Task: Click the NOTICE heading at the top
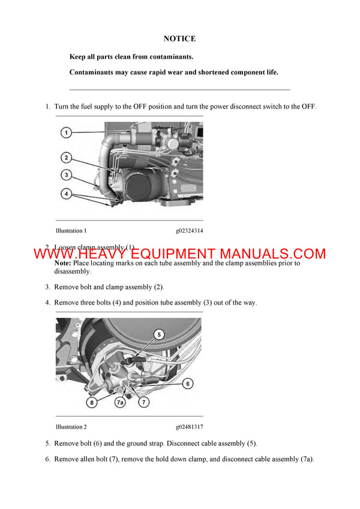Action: [x=179, y=39]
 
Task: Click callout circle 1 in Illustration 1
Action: [x=67, y=132]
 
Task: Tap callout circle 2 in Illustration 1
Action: [x=67, y=158]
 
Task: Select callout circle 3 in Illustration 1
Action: [x=67, y=175]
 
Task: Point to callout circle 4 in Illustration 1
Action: [x=67, y=194]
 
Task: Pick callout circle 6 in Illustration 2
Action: [x=187, y=383]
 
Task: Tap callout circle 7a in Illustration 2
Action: [x=121, y=403]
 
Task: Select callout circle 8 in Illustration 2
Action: [x=92, y=403]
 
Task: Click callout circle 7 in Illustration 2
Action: [x=144, y=403]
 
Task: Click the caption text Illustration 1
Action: [x=71, y=230]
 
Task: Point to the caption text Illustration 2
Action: [x=71, y=427]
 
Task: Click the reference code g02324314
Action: [x=189, y=230]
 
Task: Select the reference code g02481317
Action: [x=189, y=427]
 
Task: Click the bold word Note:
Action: [x=62, y=263]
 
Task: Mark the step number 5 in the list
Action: [x=47, y=444]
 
